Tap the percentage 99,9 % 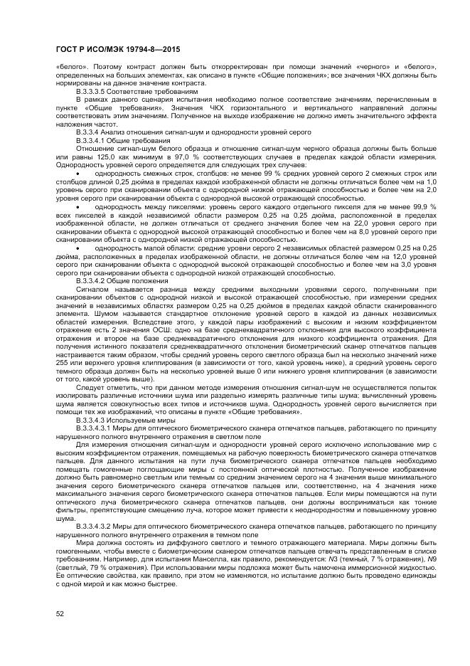click(424, 205)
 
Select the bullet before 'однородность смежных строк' click(78, 173)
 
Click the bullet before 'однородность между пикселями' click(78, 205)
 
